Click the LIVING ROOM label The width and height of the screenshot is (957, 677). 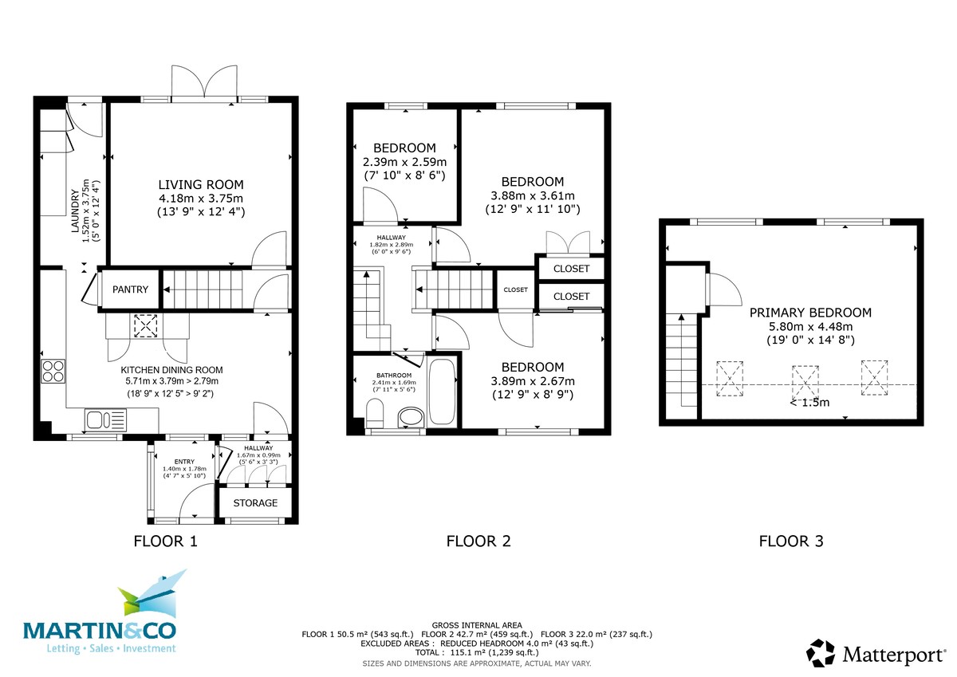200,184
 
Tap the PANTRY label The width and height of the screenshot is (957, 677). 129,289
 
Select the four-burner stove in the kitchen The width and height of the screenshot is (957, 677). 53,372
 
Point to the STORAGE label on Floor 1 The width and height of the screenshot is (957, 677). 255,503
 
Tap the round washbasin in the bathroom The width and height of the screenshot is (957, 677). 411,417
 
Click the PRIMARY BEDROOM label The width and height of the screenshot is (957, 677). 810,313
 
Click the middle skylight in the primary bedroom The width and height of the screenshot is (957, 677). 805,380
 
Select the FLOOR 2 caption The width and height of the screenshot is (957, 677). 478,541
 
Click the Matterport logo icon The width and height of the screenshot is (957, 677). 821,653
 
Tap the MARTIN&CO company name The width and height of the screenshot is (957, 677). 100,631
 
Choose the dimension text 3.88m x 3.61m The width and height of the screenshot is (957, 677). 534,195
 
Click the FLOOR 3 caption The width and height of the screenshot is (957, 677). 790,541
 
